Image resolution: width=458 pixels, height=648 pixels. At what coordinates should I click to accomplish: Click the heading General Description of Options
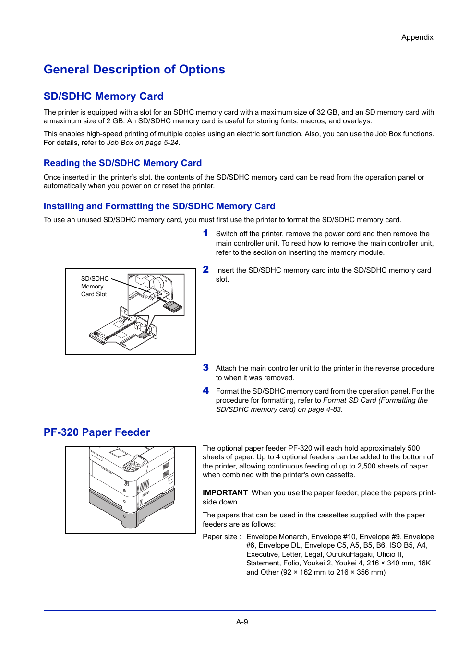(134, 70)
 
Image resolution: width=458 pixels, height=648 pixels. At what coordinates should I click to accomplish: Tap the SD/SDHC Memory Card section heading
(104, 96)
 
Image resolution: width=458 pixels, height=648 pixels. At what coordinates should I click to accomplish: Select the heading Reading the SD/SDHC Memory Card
(122, 163)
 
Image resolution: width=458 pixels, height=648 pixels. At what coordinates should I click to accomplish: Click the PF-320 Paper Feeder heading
(96, 432)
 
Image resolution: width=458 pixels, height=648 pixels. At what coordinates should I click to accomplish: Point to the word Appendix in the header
(417, 37)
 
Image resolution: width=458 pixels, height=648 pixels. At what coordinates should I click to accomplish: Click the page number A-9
(242, 622)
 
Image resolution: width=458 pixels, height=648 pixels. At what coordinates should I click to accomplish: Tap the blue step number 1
(205, 233)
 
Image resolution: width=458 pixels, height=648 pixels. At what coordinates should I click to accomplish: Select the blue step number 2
(205, 270)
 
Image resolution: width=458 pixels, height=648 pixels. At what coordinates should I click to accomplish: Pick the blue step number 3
(205, 368)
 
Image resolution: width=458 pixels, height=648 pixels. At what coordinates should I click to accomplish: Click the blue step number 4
(205, 391)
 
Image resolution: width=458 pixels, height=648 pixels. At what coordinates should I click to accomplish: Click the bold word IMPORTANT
(225, 493)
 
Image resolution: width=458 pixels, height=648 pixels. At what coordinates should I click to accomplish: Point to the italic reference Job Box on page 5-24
(143, 143)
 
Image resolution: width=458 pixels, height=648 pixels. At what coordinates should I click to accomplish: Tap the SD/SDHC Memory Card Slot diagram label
(95, 287)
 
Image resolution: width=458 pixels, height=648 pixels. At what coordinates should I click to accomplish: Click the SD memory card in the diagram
(173, 306)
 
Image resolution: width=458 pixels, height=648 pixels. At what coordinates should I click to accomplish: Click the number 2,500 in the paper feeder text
(367, 466)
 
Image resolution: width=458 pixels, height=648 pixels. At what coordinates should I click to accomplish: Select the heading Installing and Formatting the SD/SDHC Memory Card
(159, 206)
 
